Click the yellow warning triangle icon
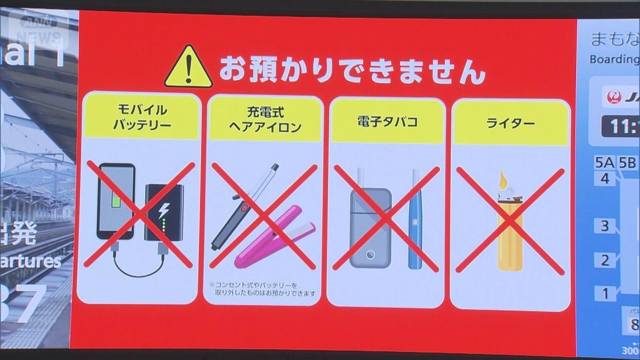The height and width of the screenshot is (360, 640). (x=188, y=67)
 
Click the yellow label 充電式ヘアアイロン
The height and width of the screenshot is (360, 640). (x=265, y=121)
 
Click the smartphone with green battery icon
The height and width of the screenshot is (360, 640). (x=115, y=202)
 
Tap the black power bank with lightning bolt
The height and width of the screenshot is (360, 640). (x=163, y=212)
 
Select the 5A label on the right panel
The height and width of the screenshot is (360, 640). (x=605, y=163)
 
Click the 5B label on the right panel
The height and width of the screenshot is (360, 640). (x=628, y=163)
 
